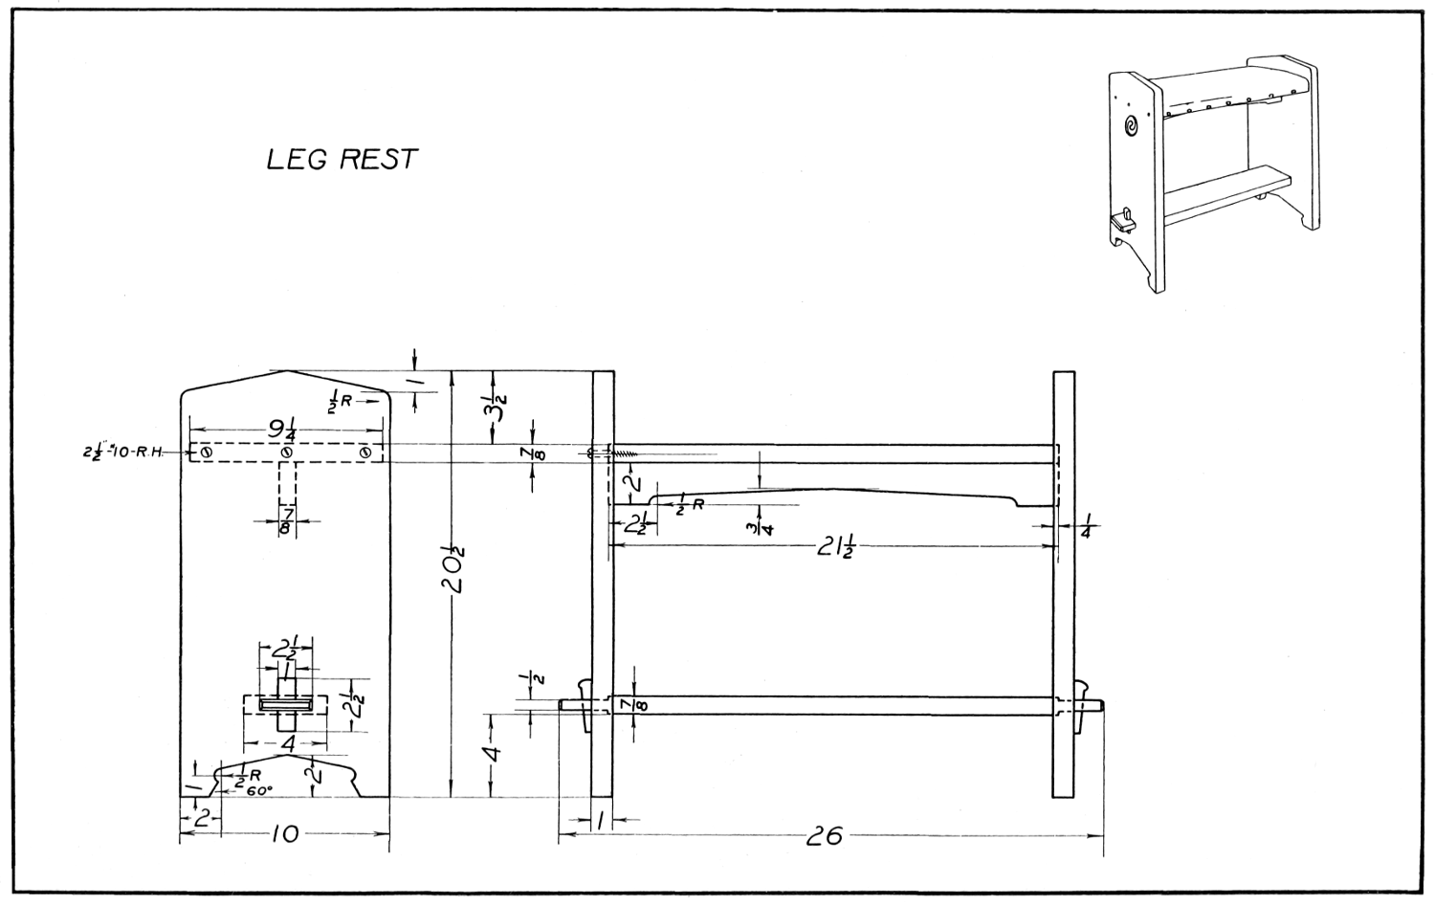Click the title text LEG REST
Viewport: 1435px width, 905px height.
pos(342,159)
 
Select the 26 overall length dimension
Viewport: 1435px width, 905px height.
pos(824,836)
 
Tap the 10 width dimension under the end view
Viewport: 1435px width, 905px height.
pos(285,835)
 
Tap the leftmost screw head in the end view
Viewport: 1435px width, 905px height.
pos(206,452)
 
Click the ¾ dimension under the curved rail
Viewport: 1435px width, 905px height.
pos(762,525)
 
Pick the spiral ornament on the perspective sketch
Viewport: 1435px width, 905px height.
pos(1132,125)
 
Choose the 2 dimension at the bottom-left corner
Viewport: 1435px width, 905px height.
pos(201,818)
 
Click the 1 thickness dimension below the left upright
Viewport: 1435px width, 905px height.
pos(601,820)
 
